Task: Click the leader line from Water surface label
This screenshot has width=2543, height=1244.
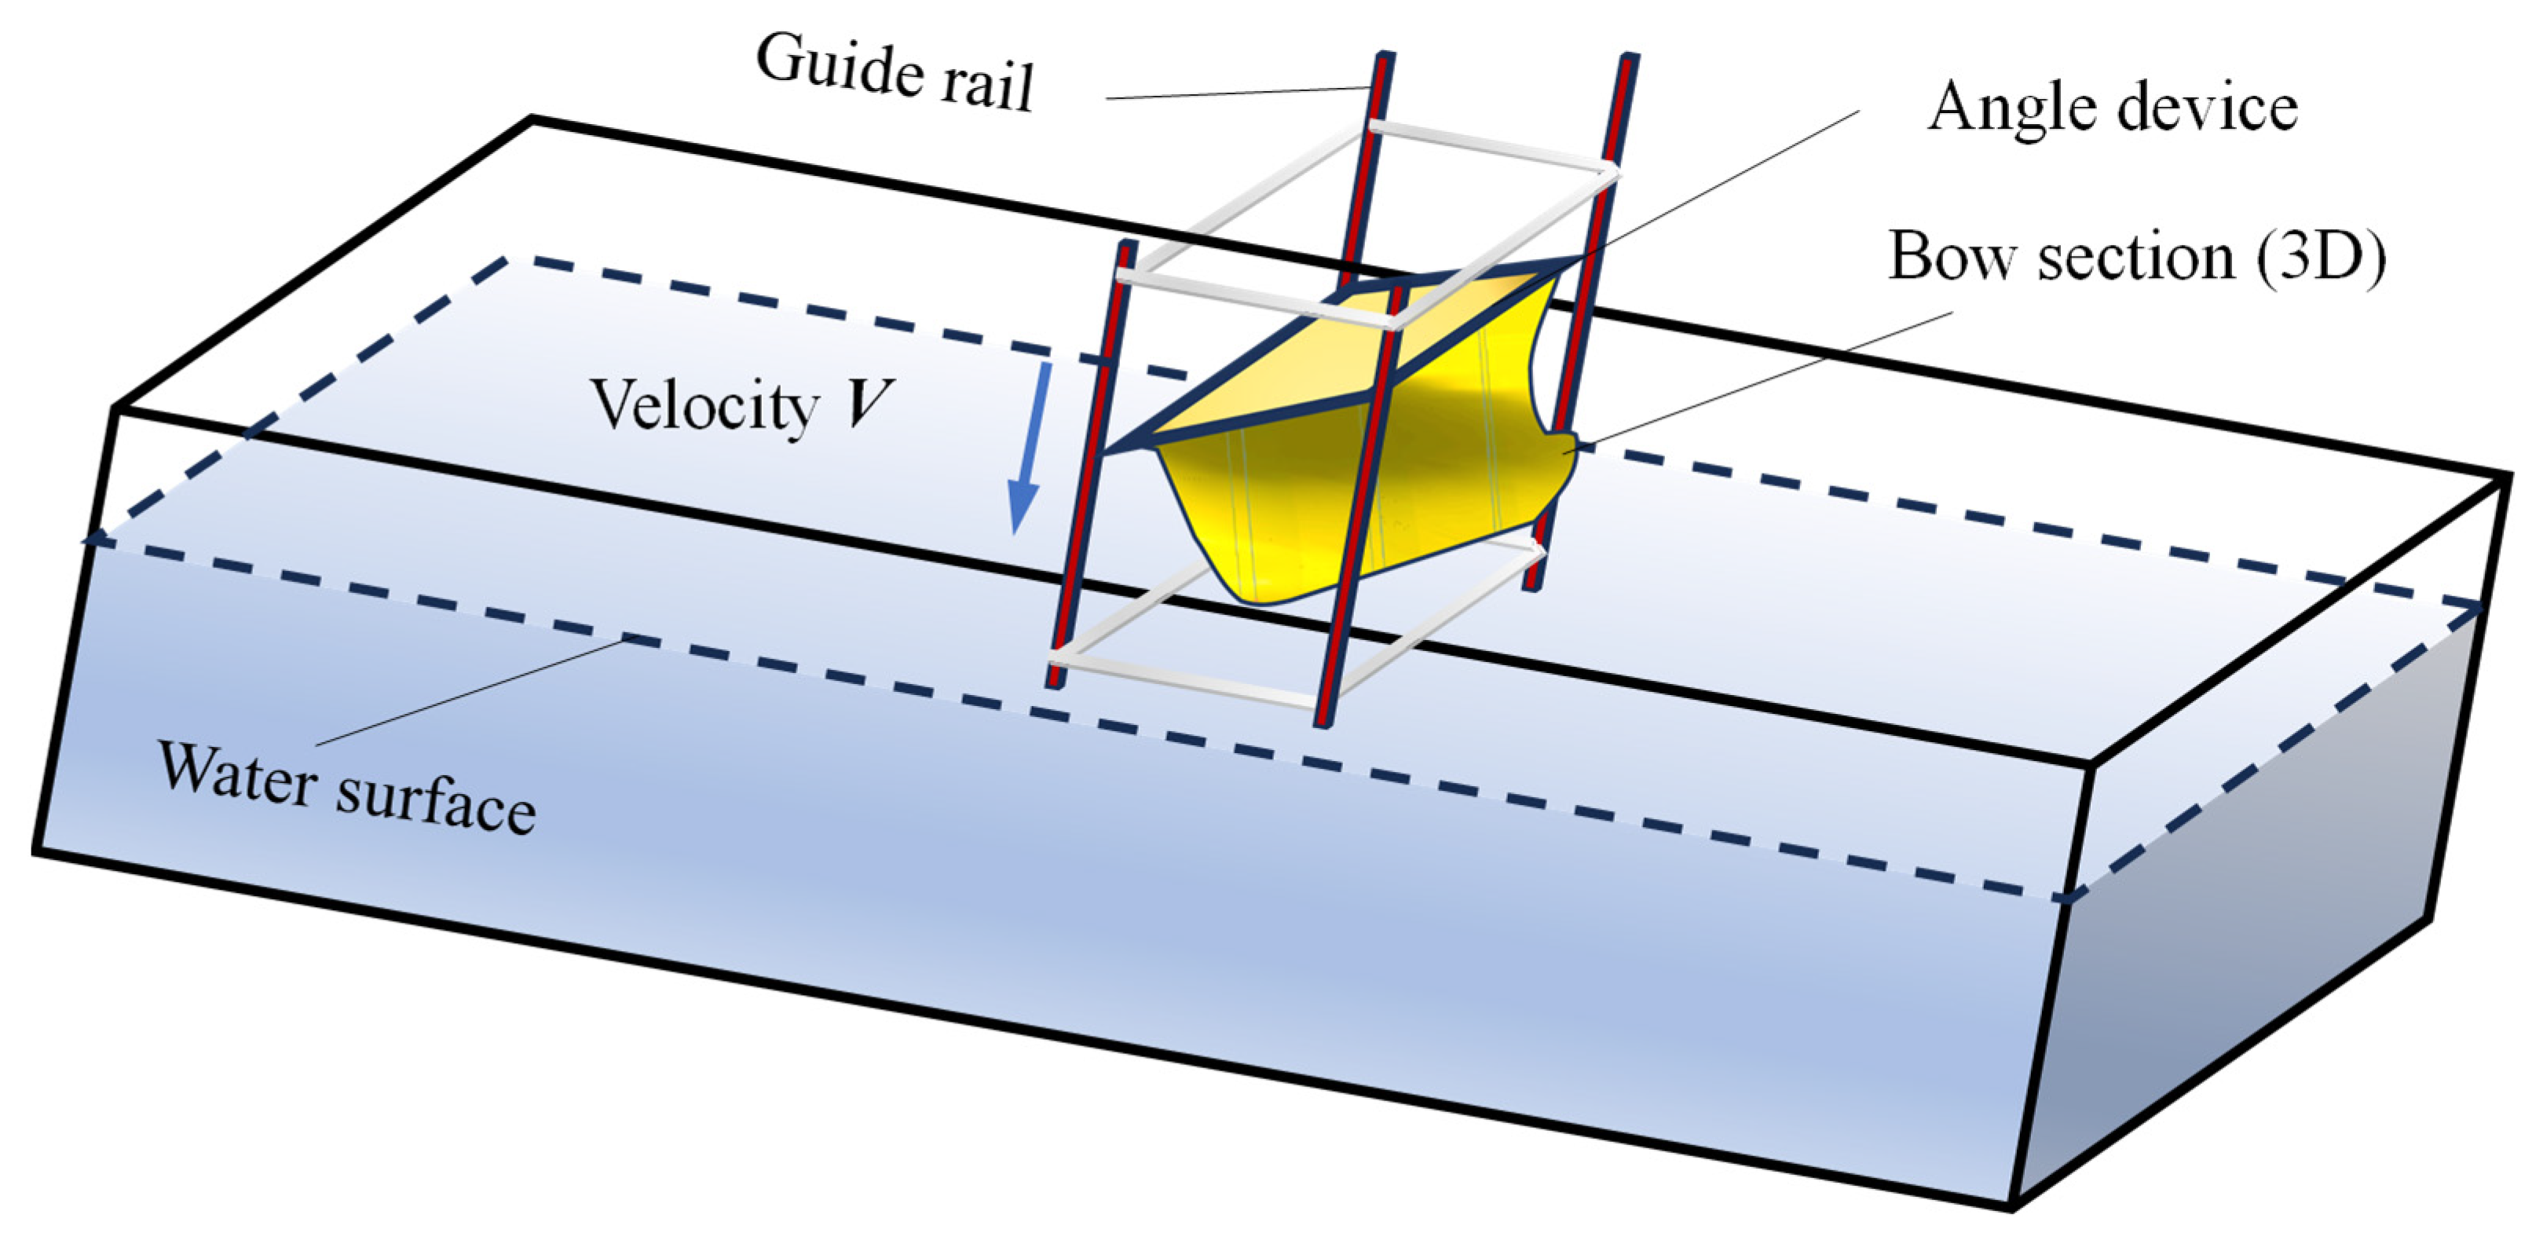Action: (474, 692)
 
